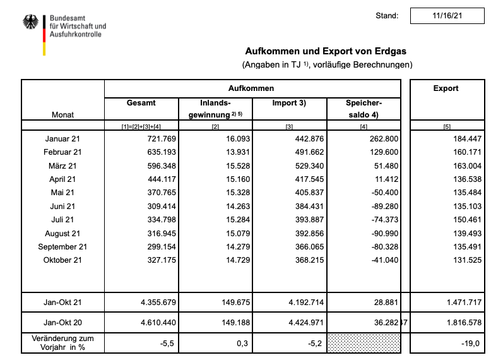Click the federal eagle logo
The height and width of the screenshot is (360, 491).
coord(30,24)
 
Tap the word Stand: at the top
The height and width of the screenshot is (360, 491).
coord(387,16)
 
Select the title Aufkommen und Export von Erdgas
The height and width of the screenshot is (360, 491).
coord(327,51)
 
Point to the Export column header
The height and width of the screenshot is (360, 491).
coord(446,88)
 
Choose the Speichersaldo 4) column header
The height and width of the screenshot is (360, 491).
coord(364,109)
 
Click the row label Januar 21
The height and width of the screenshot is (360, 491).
coord(64,138)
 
